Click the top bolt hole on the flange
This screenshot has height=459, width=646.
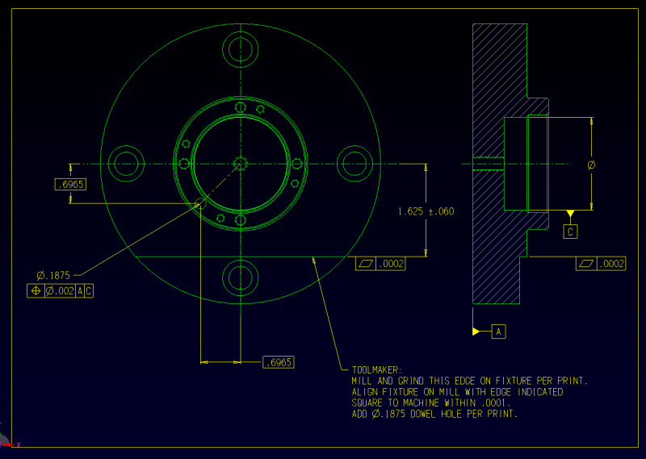(241, 48)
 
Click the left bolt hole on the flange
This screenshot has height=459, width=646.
(126, 162)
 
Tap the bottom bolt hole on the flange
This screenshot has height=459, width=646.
(241, 277)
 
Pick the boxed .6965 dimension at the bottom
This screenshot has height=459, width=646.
(279, 362)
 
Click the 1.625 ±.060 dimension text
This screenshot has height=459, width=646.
(426, 211)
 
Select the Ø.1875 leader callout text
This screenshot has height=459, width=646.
(54, 273)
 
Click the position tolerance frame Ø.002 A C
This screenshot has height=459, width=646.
(61, 290)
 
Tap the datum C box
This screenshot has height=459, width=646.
(571, 232)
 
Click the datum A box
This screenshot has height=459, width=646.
(498, 332)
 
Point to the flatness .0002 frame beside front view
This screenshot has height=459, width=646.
(380, 263)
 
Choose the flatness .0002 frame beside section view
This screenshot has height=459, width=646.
(601, 263)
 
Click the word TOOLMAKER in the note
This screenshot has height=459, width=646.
(366, 369)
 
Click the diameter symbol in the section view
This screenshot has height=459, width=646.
(592, 165)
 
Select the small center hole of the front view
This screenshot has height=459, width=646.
(241, 162)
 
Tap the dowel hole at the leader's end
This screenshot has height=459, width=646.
(200, 202)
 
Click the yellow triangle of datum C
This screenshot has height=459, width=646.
(571, 214)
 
